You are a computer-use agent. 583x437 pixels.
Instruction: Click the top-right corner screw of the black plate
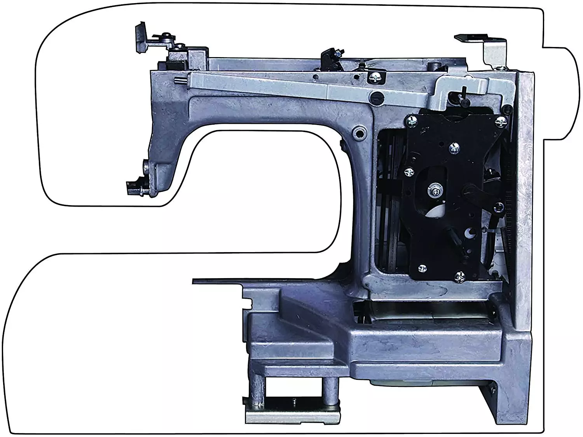pos(502,121)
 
